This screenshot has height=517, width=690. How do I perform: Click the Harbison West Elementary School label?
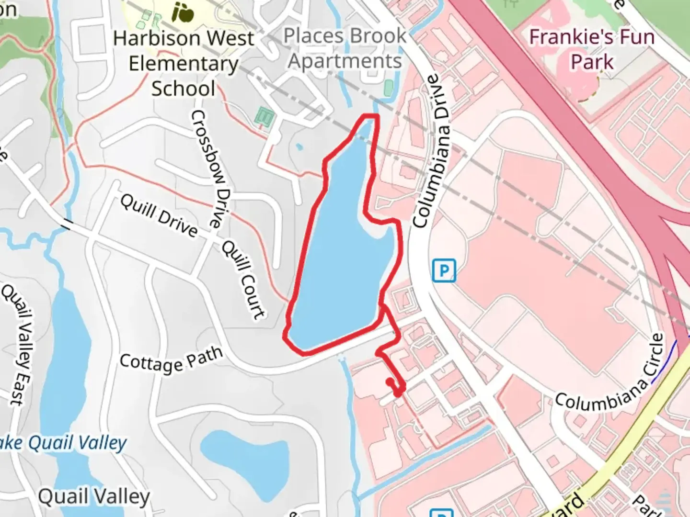183,63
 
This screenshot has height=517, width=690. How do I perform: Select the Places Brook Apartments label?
345,48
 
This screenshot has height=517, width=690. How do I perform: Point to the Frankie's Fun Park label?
592,49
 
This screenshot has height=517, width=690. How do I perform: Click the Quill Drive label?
159,216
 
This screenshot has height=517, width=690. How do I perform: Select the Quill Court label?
243,280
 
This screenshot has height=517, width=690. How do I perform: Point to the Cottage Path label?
171,360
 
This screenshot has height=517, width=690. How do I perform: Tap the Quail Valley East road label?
18,344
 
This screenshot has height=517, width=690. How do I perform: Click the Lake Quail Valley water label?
65,444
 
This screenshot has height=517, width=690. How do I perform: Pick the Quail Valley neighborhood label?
94,497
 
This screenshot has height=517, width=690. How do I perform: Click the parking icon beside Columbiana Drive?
444,271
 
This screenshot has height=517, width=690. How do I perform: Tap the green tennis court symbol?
263,115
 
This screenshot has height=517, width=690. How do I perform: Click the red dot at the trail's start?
390,382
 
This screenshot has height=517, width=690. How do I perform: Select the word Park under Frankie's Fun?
592,62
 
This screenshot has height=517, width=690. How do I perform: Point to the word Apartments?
345,61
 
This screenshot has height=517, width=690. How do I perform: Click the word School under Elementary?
183,89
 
